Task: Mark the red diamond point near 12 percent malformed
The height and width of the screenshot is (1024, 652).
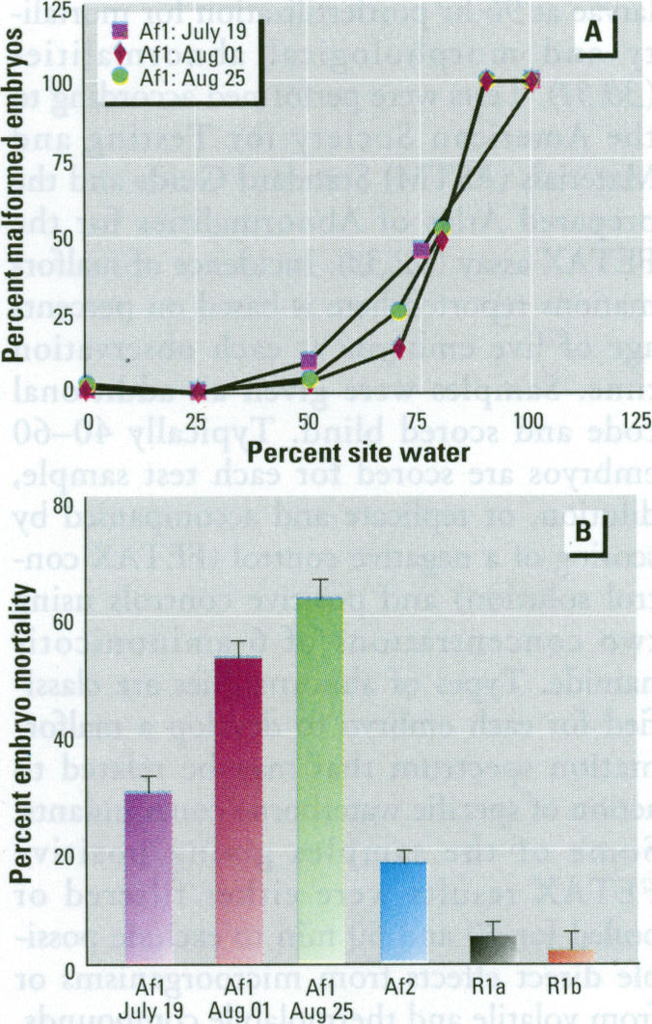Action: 400,347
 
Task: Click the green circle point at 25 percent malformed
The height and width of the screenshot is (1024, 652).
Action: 399,310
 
